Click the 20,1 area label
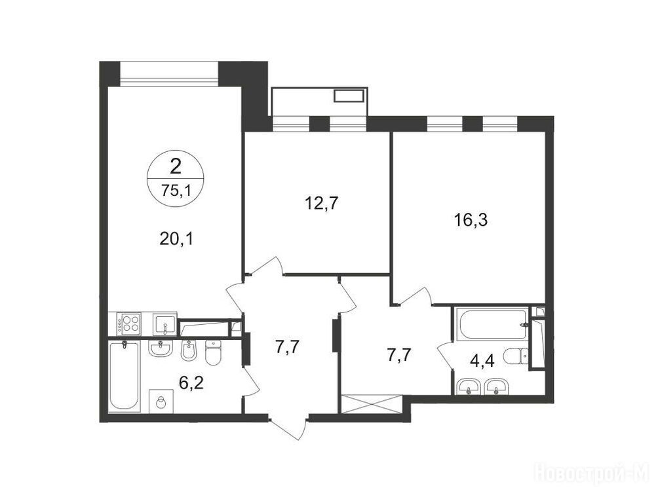coord(176,239)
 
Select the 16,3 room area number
coord(471,220)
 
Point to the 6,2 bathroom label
coord(191,383)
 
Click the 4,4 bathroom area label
coord(482,361)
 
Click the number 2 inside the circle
coord(176,167)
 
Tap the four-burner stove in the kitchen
coord(129,324)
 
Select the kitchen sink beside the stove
coord(164,324)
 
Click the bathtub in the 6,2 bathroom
coord(124,377)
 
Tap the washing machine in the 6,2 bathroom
coord(161,401)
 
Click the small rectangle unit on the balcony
coord(348,96)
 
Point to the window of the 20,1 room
coord(170,74)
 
